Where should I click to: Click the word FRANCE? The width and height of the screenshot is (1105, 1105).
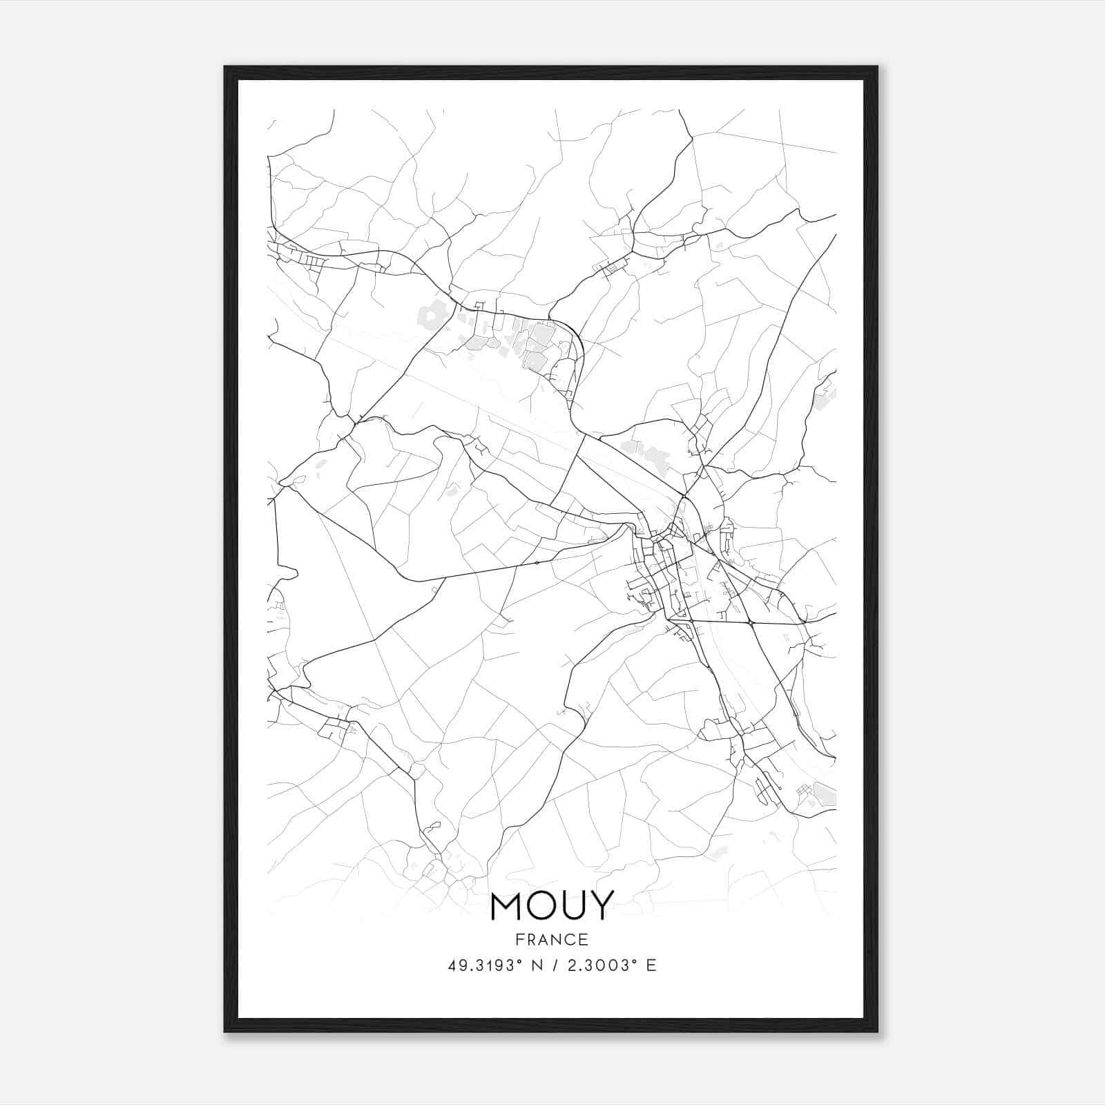pyautogui.click(x=552, y=939)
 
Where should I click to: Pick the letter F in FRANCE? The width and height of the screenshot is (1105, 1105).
pyautogui.click(x=519, y=939)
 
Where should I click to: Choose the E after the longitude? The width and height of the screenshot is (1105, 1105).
pyautogui.click(x=651, y=965)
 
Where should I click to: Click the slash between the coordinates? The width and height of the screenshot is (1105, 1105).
pyautogui.click(x=554, y=965)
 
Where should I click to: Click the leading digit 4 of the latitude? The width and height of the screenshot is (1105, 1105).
pyautogui.click(x=452, y=965)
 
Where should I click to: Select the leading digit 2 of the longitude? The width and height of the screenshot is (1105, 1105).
pyautogui.click(x=570, y=965)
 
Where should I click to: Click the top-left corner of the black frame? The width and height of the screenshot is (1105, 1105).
pyautogui.click(x=225, y=67)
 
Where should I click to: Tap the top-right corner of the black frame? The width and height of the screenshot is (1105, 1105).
pyautogui.click(x=877, y=67)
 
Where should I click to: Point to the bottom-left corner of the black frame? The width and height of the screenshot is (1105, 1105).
pyautogui.click(x=225, y=1031)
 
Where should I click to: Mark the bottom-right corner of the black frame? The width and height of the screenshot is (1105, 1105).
pyautogui.click(x=877, y=1031)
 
